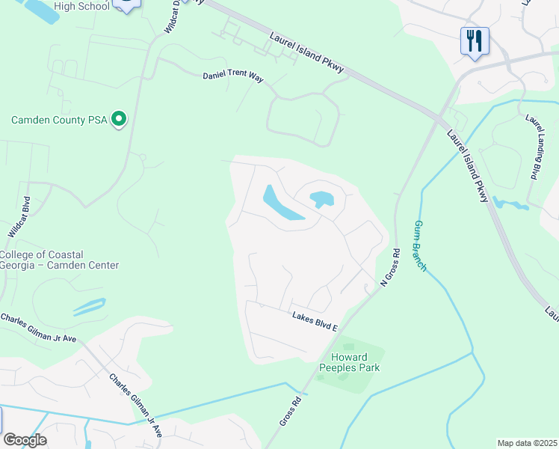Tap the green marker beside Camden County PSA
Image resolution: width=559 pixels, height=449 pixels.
point(118,119)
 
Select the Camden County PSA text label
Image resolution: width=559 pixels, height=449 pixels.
point(58,120)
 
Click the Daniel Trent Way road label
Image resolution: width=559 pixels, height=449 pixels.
point(233,76)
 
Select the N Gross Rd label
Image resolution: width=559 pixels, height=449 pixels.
point(391,267)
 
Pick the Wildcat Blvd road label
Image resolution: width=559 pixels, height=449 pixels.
point(19,217)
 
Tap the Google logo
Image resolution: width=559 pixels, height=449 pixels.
point(25,440)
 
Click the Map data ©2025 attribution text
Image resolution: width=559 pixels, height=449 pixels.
point(527,443)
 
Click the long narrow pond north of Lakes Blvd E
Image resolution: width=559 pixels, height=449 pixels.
point(280,204)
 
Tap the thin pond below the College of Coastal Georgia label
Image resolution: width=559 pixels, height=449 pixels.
point(87,306)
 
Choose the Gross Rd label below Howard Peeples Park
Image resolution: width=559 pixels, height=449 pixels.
point(291,412)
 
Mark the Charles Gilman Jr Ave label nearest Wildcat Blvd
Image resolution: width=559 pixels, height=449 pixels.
point(39,329)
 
